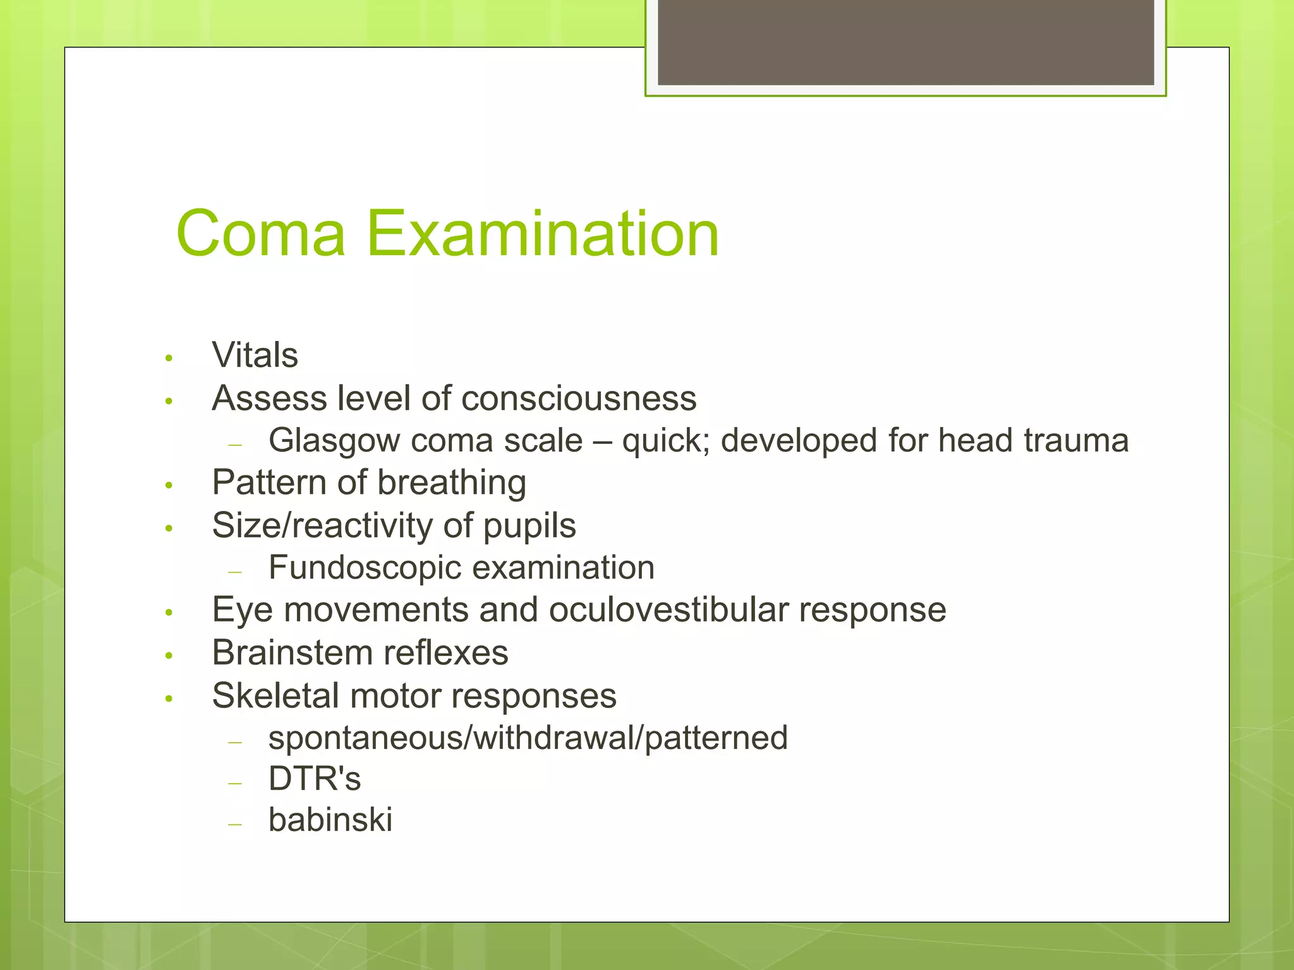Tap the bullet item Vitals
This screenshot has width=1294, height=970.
[x=255, y=355]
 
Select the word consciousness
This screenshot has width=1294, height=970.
[x=579, y=398]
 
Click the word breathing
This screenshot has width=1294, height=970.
[x=452, y=483]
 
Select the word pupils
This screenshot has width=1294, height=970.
[x=529, y=526]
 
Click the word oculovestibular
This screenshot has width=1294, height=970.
[x=668, y=610]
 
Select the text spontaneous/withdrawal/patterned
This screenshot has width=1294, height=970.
[x=528, y=738]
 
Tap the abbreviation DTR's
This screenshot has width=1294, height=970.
[x=314, y=779]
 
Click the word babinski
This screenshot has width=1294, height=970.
[x=330, y=820]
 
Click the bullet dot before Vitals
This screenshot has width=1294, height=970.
[x=169, y=359]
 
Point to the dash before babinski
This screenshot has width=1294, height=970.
[x=235, y=824]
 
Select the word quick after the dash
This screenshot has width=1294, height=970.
[x=664, y=441]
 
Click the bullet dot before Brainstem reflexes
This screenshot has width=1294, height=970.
[x=169, y=656]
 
